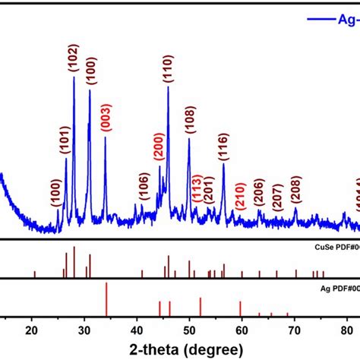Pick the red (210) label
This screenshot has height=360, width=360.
[x=239, y=199]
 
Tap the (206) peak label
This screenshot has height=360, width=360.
[x=259, y=195]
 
